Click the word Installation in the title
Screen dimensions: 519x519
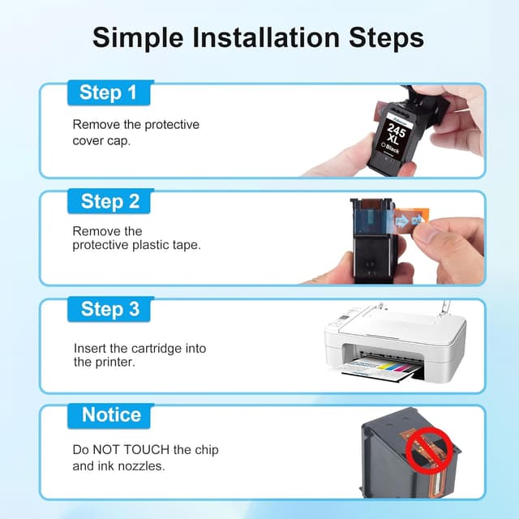click(x=266, y=37)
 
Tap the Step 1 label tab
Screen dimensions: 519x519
click(x=109, y=93)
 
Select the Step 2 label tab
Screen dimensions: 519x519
click(x=109, y=201)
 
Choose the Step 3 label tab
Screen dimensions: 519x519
click(x=109, y=309)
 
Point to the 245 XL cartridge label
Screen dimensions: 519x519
click(x=396, y=135)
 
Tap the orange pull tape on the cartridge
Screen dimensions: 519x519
click(x=411, y=218)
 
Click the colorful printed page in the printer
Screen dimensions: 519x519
click(x=377, y=368)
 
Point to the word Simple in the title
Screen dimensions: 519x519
click(x=138, y=38)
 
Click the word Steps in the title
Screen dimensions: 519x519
click(x=386, y=38)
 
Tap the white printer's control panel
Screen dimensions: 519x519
click(x=345, y=319)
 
